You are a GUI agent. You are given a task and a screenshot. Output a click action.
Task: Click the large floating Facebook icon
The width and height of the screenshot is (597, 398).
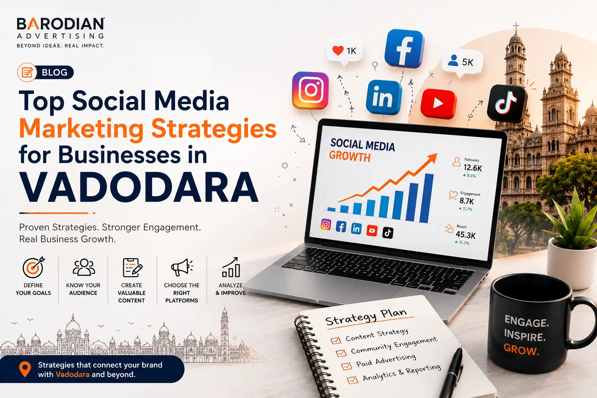tap(404, 49)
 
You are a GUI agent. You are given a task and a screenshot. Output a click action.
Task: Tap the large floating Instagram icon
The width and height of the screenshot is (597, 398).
tap(311, 91)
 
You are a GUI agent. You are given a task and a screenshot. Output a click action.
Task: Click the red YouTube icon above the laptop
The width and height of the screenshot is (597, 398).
tap(438, 103)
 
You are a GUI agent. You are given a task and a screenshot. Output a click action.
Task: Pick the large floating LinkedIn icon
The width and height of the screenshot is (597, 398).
tap(384, 97)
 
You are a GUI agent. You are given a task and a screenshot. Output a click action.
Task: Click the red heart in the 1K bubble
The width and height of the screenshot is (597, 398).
tap(338, 51)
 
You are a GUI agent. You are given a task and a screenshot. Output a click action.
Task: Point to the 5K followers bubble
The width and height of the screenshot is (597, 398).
tap(462, 62)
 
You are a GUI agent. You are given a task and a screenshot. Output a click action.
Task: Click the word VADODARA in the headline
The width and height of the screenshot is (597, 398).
tap(139, 187)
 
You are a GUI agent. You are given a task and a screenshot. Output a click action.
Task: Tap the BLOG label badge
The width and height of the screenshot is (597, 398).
tap(45, 72)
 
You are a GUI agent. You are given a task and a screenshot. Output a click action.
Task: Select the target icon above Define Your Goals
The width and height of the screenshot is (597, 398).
tap(33, 267)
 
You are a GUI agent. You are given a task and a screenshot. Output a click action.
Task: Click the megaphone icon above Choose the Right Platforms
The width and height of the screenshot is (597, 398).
tap(182, 267)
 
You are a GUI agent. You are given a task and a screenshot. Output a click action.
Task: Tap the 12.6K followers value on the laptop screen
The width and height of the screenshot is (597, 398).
tap(473, 168)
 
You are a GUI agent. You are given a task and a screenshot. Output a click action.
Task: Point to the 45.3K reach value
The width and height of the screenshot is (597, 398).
tap(466, 235)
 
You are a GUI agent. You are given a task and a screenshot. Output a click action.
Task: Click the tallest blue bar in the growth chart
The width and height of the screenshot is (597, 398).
tap(426, 198)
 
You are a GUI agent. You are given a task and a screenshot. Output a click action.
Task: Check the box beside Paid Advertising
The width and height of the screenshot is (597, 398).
tap(347, 366)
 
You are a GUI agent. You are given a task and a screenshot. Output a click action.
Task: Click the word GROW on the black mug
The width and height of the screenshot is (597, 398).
tap(521, 349)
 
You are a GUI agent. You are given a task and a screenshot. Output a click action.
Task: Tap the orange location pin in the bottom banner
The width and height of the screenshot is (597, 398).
tap(25, 369)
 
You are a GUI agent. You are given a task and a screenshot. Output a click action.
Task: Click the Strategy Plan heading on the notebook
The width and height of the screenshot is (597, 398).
tap(366, 317)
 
